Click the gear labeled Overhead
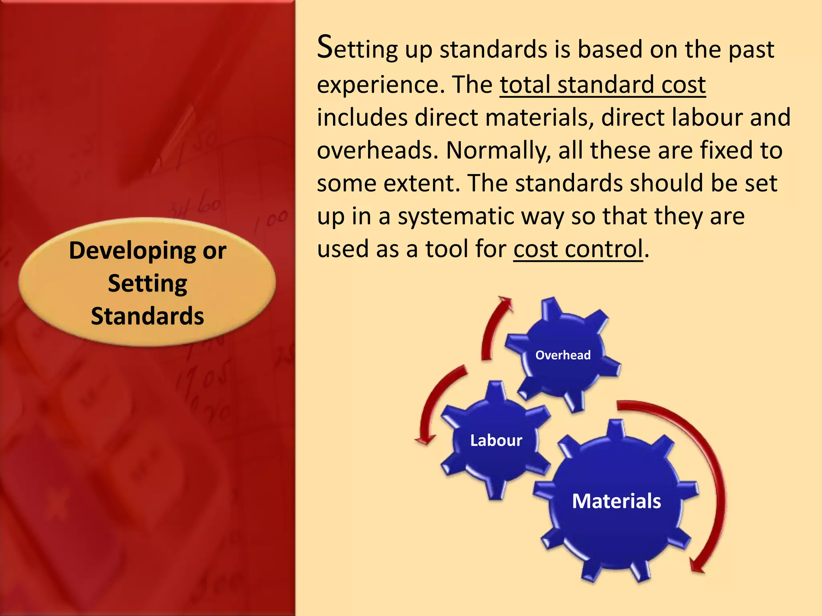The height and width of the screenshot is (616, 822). [x=563, y=355]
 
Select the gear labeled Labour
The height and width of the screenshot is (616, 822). [x=496, y=440]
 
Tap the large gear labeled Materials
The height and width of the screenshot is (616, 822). [x=616, y=501]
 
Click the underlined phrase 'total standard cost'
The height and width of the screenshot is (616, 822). [x=602, y=85]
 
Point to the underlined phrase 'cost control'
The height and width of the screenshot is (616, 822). [x=578, y=249]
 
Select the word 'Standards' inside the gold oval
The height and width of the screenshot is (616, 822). [x=147, y=316]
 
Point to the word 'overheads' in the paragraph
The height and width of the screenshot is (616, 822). [x=377, y=150]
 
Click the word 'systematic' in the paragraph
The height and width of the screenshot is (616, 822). [x=456, y=216]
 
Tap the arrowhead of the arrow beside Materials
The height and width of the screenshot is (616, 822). [x=697, y=566]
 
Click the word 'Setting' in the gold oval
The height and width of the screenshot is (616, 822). [x=147, y=284]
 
